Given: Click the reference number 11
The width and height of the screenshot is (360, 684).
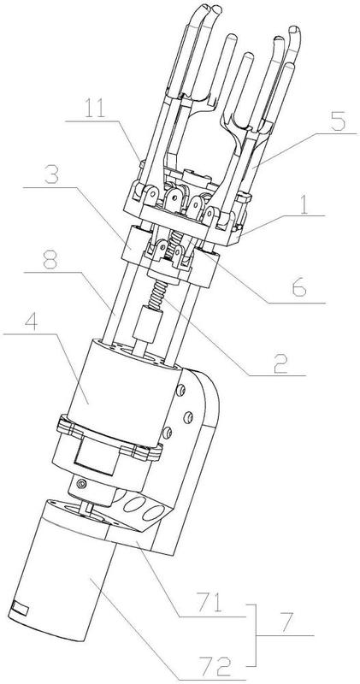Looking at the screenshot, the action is (95, 109).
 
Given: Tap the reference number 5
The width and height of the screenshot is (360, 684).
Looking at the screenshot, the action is (338, 122).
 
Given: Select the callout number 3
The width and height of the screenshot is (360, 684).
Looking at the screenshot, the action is (52, 174).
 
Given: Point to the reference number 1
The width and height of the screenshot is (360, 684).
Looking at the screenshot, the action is (305, 205).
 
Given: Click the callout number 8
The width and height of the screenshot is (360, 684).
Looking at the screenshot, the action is (52, 260).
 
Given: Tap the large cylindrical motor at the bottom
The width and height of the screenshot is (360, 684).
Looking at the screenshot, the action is (66, 572).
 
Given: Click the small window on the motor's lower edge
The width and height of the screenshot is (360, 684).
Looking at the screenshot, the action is (20, 608).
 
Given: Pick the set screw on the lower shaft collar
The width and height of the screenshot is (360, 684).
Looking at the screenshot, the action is (80, 483).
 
